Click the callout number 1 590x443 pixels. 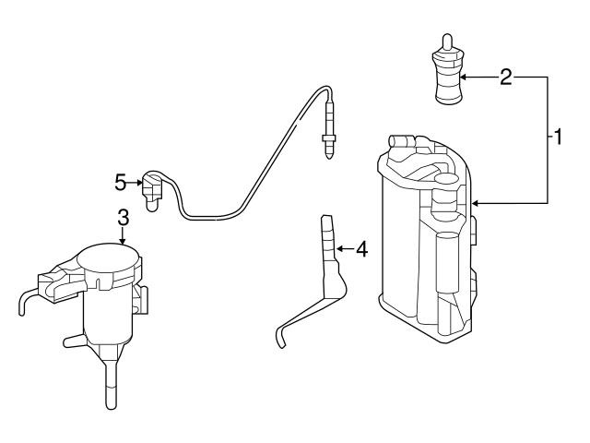coord(556,138)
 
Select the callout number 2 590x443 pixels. coord(504,78)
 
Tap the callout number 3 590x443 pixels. coord(123,219)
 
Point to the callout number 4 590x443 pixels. coord(361,249)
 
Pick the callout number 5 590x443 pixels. coord(120,183)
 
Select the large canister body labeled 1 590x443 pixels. coord(426,240)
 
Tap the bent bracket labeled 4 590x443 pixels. coord(326,268)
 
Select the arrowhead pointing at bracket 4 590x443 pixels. coord(337,248)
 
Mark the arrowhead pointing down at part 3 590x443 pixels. coord(123,239)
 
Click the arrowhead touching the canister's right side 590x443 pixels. coord(473,202)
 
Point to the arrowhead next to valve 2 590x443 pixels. coord(464,78)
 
